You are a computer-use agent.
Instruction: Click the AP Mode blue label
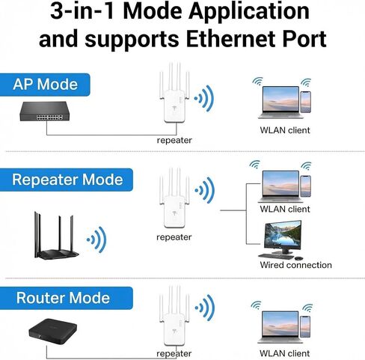45,85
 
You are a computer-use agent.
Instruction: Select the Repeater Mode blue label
67,180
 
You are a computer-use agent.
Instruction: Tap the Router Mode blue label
67,298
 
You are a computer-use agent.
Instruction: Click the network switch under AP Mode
44,112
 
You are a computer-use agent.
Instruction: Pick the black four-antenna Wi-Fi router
56,236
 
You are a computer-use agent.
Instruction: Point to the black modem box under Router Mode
52,332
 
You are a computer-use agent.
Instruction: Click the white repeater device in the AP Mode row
174,93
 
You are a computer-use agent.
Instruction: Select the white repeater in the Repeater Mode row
174,198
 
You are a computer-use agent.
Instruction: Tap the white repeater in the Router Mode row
174,316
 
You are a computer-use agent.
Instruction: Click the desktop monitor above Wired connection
283,237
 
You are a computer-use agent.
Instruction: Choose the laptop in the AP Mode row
280,103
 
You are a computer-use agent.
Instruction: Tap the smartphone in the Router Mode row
305,326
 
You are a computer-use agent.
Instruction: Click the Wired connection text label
295,265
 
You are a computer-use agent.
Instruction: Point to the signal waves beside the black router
96,240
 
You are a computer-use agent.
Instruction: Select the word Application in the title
249,11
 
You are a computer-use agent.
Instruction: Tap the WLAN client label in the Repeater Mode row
285,209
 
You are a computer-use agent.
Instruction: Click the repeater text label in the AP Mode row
174,141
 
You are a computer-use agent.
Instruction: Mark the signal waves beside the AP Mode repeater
204,98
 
